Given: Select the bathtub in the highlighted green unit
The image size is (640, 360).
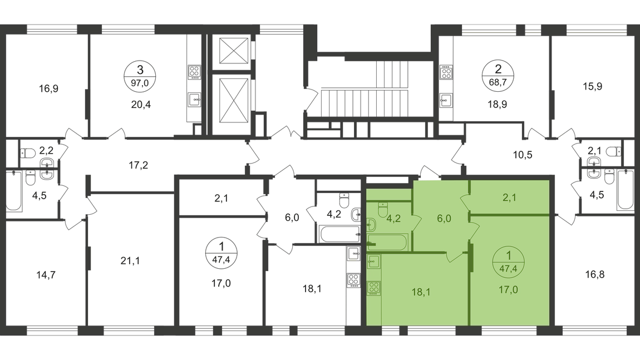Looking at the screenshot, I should coord(388,241).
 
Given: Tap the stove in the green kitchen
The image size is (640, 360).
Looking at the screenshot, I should coord(373,289).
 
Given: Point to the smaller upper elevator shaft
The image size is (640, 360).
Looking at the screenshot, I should coord(229,54).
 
